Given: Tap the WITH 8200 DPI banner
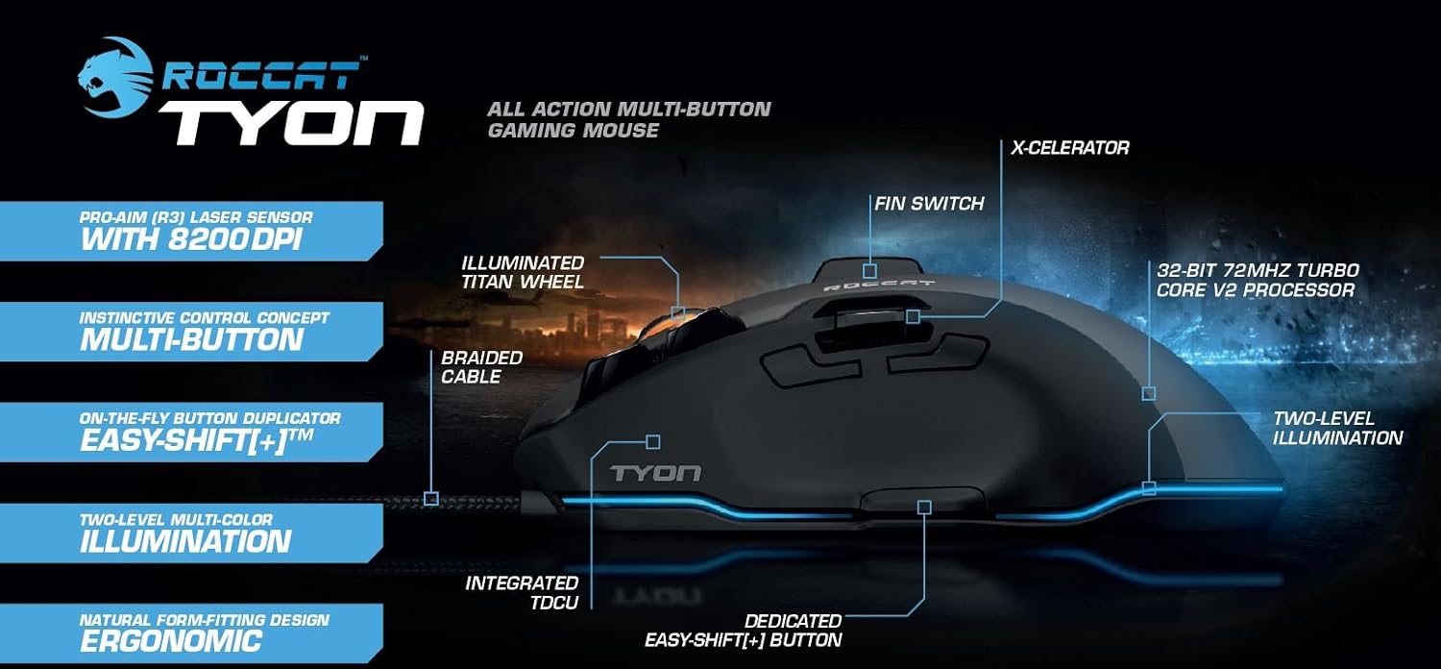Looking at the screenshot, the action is tap(191, 231).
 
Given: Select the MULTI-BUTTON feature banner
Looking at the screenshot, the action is tap(191, 332).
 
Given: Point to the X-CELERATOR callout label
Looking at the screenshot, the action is tap(1069, 148).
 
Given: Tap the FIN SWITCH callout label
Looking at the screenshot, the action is tap(929, 204).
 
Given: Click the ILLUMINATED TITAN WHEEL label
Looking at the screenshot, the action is tap(523, 272).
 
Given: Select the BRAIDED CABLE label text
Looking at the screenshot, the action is tap(481, 367).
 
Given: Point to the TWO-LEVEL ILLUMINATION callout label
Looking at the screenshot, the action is tap(1337, 429).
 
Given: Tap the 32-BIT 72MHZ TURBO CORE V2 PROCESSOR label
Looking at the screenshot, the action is tap(1257, 281).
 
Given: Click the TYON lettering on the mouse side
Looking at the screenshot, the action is tap(656, 473).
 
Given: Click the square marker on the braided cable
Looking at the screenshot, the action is tap(431, 498).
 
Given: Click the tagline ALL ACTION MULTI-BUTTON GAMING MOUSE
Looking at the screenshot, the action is tap(628, 119).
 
